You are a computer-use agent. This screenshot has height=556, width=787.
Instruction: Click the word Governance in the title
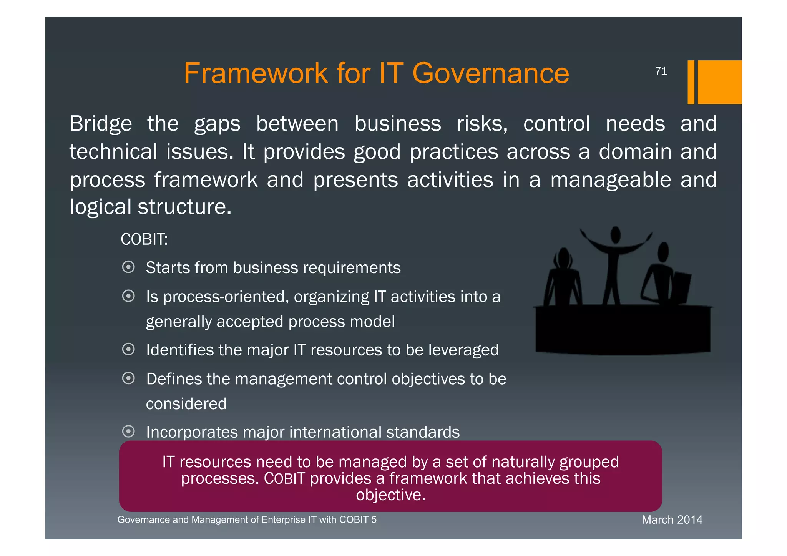coord(490,73)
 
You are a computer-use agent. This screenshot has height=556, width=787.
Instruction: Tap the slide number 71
coord(661,71)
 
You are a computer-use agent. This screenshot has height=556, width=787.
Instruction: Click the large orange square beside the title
coord(719,82)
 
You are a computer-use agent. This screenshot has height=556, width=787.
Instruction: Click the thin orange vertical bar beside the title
coord(691,82)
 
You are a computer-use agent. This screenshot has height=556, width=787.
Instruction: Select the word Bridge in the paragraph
coord(101,124)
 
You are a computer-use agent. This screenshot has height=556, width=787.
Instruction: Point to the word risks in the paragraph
coord(481,124)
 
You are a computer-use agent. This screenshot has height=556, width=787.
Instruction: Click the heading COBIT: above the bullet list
coord(144,239)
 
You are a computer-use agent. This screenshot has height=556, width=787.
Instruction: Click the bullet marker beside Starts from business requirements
coord(128,267)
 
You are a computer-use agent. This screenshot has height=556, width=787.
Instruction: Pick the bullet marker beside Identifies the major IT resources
coord(128,349)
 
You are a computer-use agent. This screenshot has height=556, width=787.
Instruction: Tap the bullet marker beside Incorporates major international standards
coord(128,432)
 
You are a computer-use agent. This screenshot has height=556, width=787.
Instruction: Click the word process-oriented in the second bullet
coord(226,297)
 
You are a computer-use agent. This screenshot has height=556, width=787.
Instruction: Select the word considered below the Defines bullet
coord(186,404)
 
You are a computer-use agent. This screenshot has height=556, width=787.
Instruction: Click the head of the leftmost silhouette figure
coord(564,257)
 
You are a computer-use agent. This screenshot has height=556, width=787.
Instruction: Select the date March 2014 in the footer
coord(672,520)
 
